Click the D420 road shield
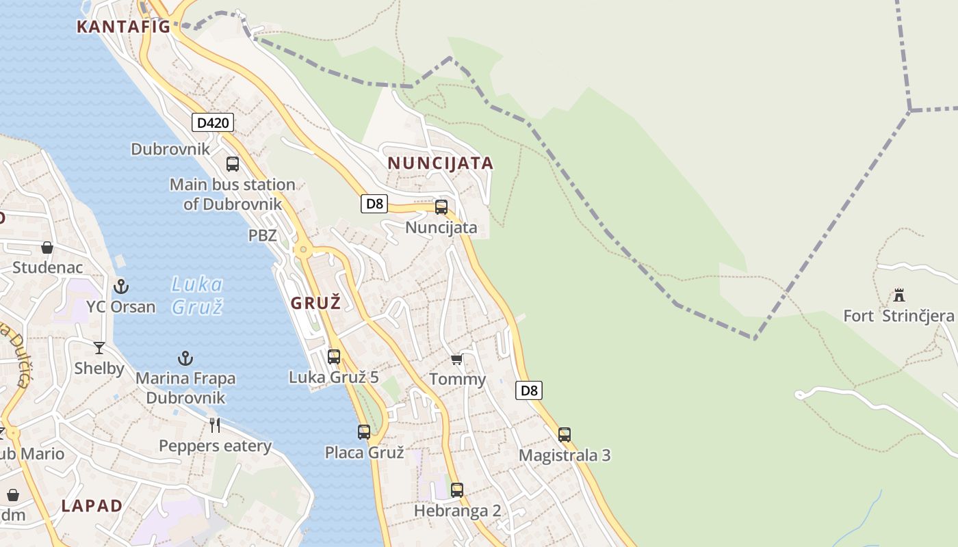point(213,123)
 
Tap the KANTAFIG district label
point(123,27)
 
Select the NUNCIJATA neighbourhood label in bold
point(440,163)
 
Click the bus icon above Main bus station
point(233,164)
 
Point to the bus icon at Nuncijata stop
point(441,207)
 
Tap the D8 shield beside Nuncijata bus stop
point(374,203)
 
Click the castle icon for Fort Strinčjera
point(899,295)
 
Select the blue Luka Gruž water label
point(197,295)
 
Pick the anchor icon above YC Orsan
point(121,286)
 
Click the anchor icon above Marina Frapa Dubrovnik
point(185,358)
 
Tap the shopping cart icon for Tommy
point(456,360)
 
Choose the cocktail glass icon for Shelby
point(99,348)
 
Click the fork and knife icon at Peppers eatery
point(215,425)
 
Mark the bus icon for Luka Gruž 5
point(334,356)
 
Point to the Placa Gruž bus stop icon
point(364,432)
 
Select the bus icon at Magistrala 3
point(565,435)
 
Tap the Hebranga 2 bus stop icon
point(457,490)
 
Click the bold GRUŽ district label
point(315,303)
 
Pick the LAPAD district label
point(92,506)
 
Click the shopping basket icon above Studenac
point(47,247)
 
